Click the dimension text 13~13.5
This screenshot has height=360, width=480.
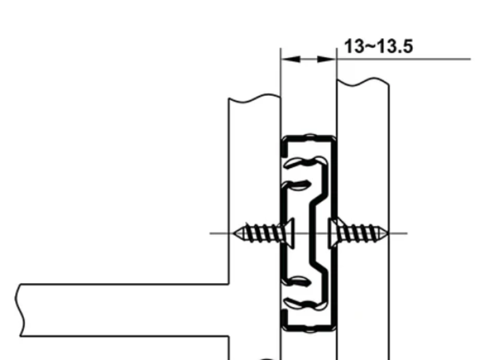pyautogui.click(x=379, y=47)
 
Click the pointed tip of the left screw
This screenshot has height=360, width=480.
pyautogui.click(x=234, y=233)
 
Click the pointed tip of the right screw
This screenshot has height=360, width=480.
pyautogui.click(x=388, y=233)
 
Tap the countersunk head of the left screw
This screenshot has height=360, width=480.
pyautogui.click(x=289, y=233)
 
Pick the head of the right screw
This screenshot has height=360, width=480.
pyautogui.click(x=332, y=233)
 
